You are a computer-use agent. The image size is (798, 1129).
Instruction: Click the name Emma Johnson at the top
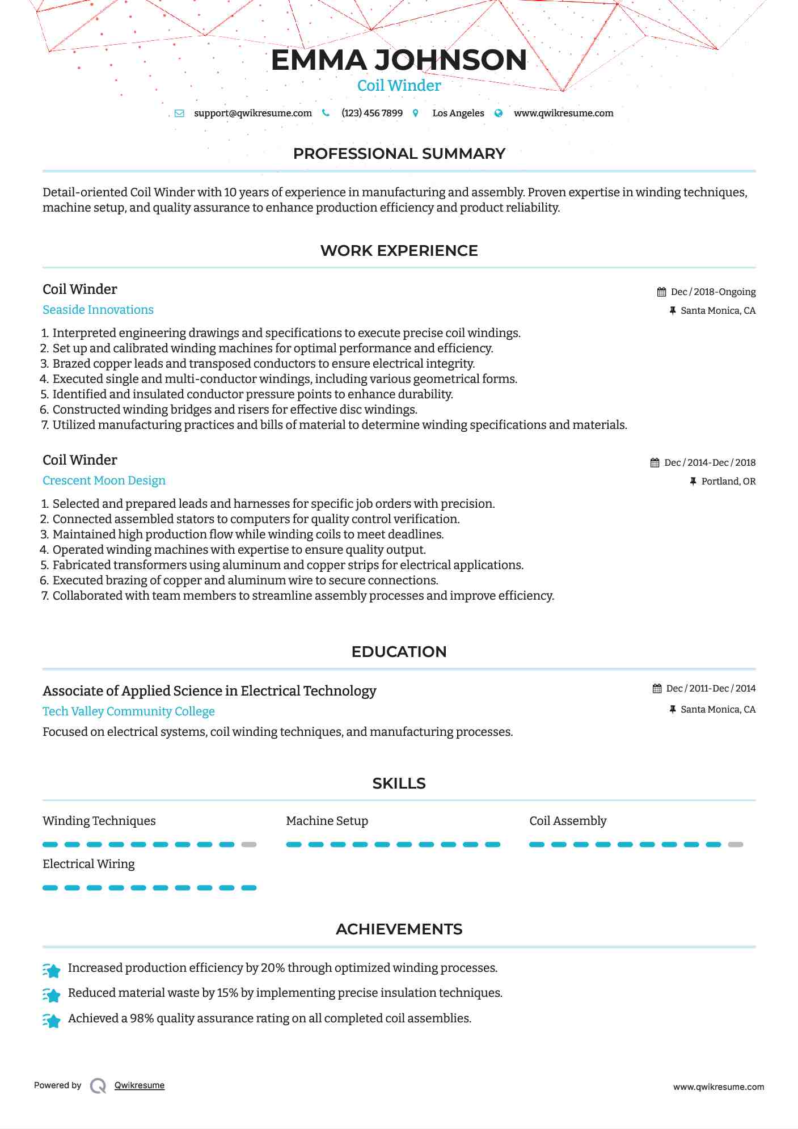pyautogui.click(x=399, y=60)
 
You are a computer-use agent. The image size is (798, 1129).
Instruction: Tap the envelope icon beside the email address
pyautogui.click(x=179, y=113)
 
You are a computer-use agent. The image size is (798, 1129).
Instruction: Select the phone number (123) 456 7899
pyautogui.click(x=372, y=113)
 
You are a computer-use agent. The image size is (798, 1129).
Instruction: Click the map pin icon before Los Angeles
pyautogui.click(x=416, y=113)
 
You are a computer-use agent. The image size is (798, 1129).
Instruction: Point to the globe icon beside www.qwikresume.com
pyautogui.click(x=499, y=113)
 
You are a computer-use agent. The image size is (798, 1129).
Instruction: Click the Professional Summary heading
pyautogui.click(x=399, y=154)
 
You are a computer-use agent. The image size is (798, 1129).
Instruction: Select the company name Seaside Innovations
pyautogui.click(x=98, y=310)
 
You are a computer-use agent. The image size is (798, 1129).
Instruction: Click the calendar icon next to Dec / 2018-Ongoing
pyautogui.click(x=661, y=292)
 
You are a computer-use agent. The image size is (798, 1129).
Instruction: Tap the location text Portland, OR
pyautogui.click(x=728, y=481)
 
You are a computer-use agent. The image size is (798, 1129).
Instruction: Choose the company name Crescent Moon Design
pyautogui.click(x=104, y=481)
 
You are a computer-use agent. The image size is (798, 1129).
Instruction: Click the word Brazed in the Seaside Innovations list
pyautogui.click(x=71, y=364)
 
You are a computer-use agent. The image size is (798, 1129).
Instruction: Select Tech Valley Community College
pyautogui.click(x=129, y=711)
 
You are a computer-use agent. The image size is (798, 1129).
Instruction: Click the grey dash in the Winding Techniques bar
pyautogui.click(x=249, y=845)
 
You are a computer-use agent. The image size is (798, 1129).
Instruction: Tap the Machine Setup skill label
pyautogui.click(x=327, y=821)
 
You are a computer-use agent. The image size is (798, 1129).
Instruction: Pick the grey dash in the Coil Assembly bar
pyautogui.click(x=736, y=845)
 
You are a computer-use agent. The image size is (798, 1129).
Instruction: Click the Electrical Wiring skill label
pyautogui.click(x=88, y=864)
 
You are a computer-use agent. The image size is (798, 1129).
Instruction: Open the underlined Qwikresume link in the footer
pyautogui.click(x=139, y=1085)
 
